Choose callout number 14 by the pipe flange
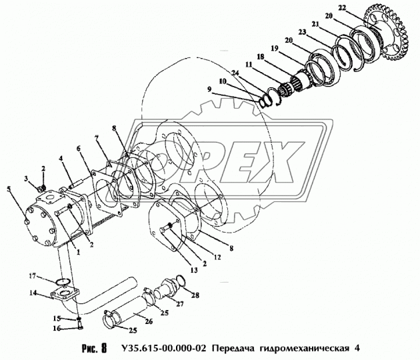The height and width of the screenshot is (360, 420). coord(31,292)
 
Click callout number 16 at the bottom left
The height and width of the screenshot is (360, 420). coord(58,328)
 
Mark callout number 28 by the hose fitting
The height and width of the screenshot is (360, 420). coord(195,295)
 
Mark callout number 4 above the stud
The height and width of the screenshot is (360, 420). coord(61,158)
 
